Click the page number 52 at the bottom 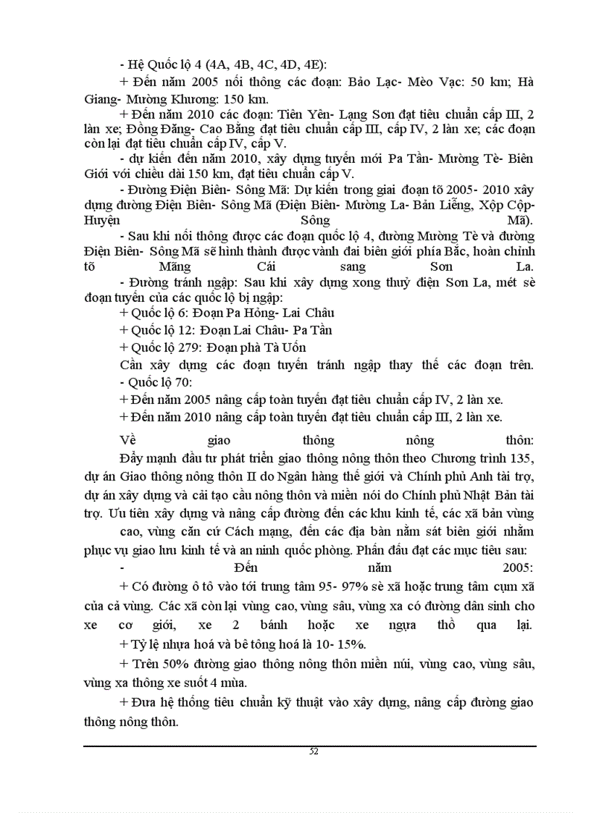point(314,751)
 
